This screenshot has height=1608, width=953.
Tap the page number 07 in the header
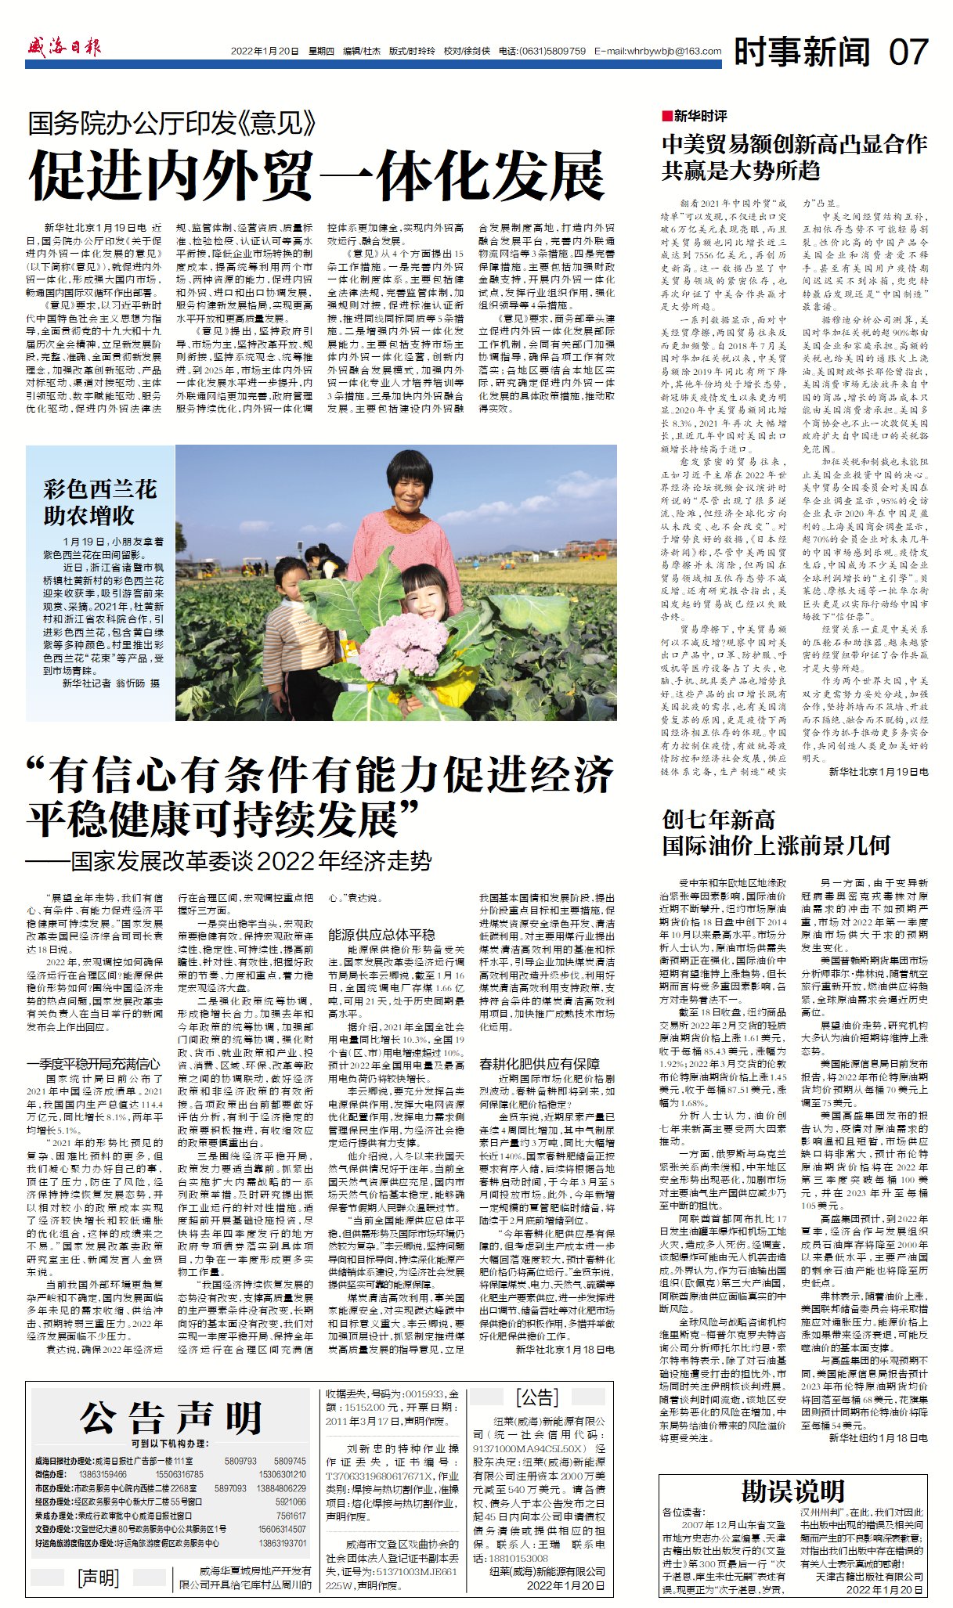(908, 52)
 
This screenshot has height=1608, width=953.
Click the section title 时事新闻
(802, 52)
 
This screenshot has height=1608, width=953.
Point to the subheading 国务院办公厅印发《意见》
(172, 123)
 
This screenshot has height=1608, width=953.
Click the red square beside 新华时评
(666, 116)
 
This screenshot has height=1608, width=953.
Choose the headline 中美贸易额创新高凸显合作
(794, 144)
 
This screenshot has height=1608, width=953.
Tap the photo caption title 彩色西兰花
(100, 490)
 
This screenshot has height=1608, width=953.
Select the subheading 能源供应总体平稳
(381, 934)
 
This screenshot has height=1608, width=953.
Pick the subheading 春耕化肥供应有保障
(540, 1064)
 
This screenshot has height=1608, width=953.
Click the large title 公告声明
(171, 1418)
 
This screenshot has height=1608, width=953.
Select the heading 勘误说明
(792, 1491)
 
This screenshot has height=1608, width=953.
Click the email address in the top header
(658, 51)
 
